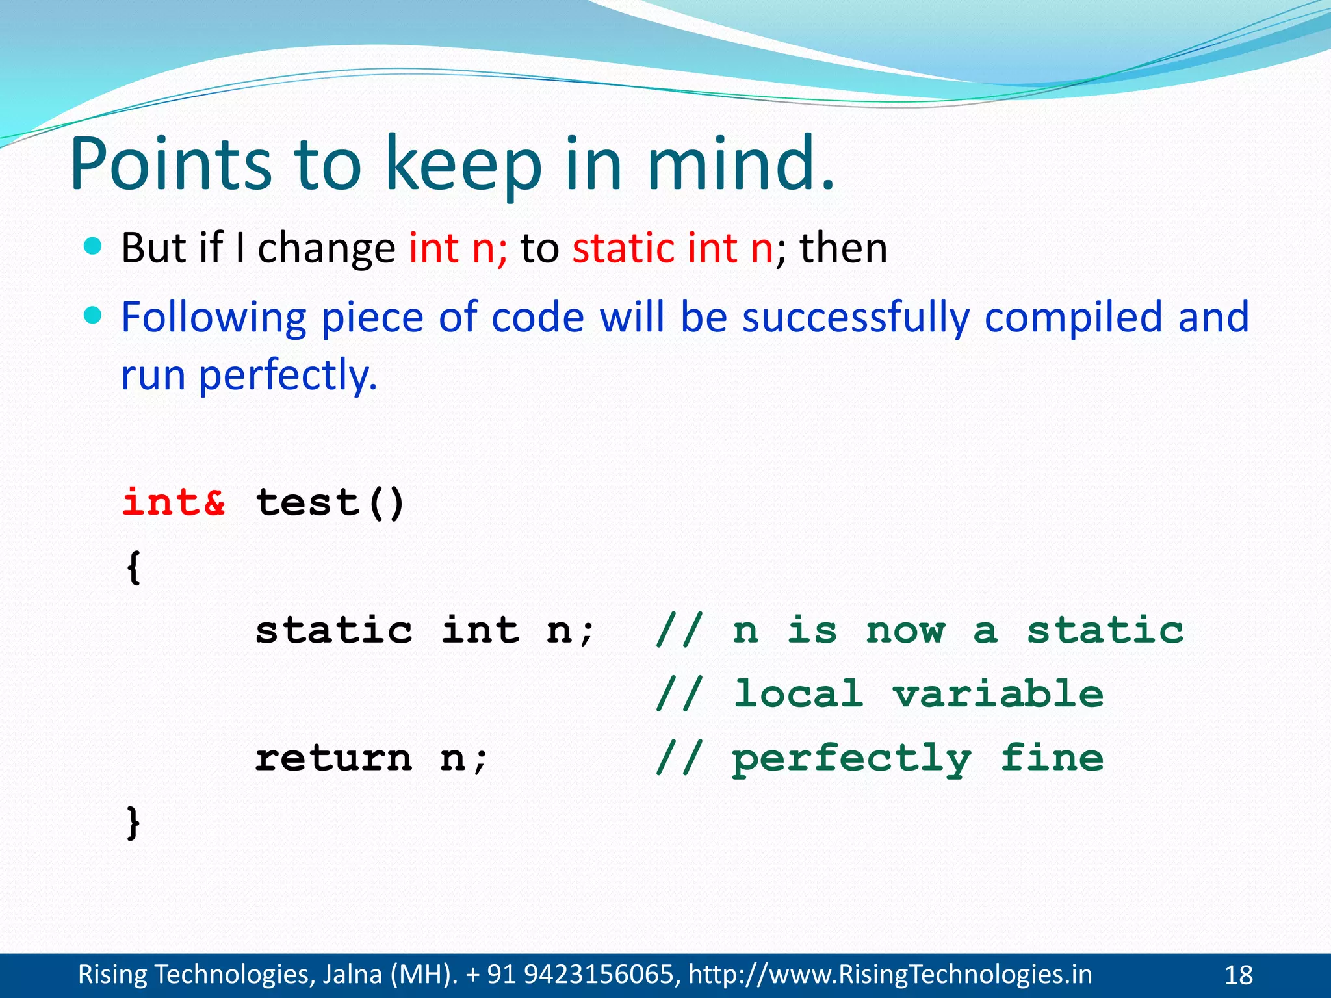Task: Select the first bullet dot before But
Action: tap(94, 246)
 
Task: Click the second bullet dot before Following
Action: tap(94, 315)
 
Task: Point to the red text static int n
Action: tap(673, 248)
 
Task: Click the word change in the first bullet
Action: tap(326, 249)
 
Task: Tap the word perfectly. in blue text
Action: tap(287, 376)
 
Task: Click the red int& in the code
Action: tap(174, 502)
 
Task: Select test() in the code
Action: tap(330, 502)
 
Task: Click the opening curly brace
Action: tap(133, 567)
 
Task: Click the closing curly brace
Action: tap(133, 823)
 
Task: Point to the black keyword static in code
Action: tap(333, 630)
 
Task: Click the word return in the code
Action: tap(333, 758)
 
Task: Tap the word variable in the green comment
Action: tap(998, 694)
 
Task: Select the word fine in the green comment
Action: tap(1052, 758)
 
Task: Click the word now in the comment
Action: tap(905, 630)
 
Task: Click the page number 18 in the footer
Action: tap(1238, 975)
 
